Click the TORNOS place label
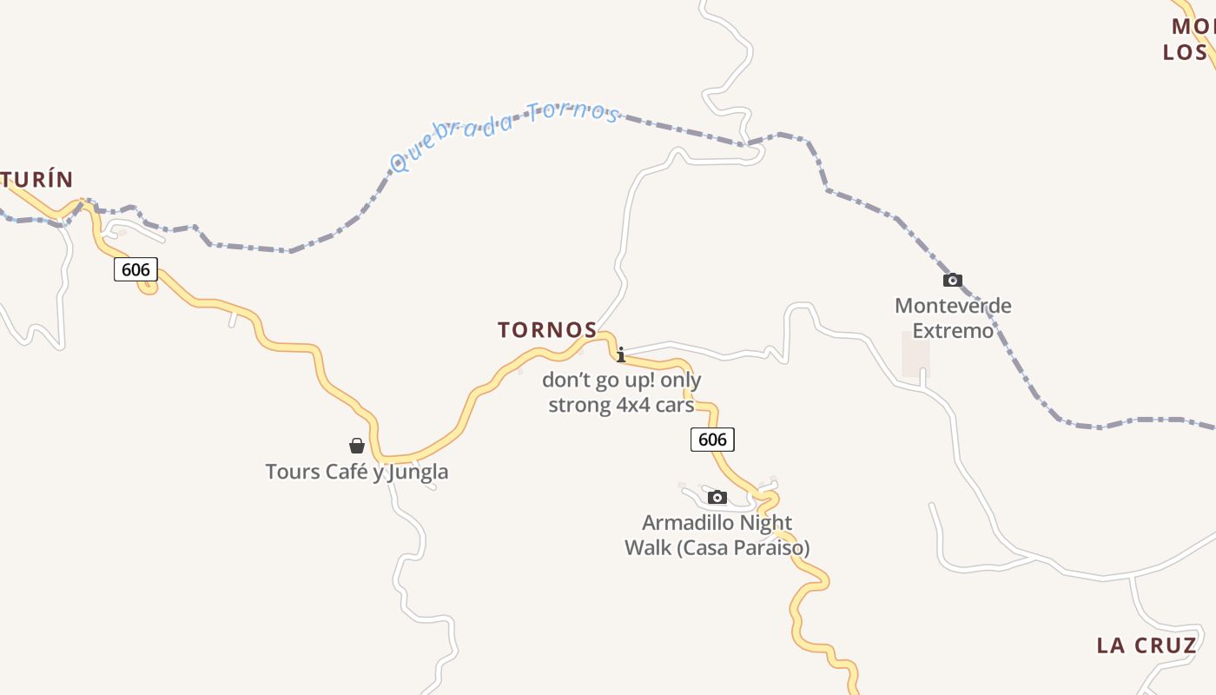coord(547,330)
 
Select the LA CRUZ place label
coord(1147,645)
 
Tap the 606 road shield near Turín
coord(135,270)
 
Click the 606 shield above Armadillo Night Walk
coord(712,440)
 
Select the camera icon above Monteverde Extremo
coord(953,280)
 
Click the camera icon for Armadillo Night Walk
coord(717,497)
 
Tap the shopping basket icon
coord(356,446)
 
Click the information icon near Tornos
coord(621,354)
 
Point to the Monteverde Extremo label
coord(953,318)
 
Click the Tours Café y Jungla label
coord(356,472)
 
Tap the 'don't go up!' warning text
coord(621,381)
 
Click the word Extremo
coord(953,331)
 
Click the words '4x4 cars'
coord(654,406)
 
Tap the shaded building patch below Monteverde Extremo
coord(915,355)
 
